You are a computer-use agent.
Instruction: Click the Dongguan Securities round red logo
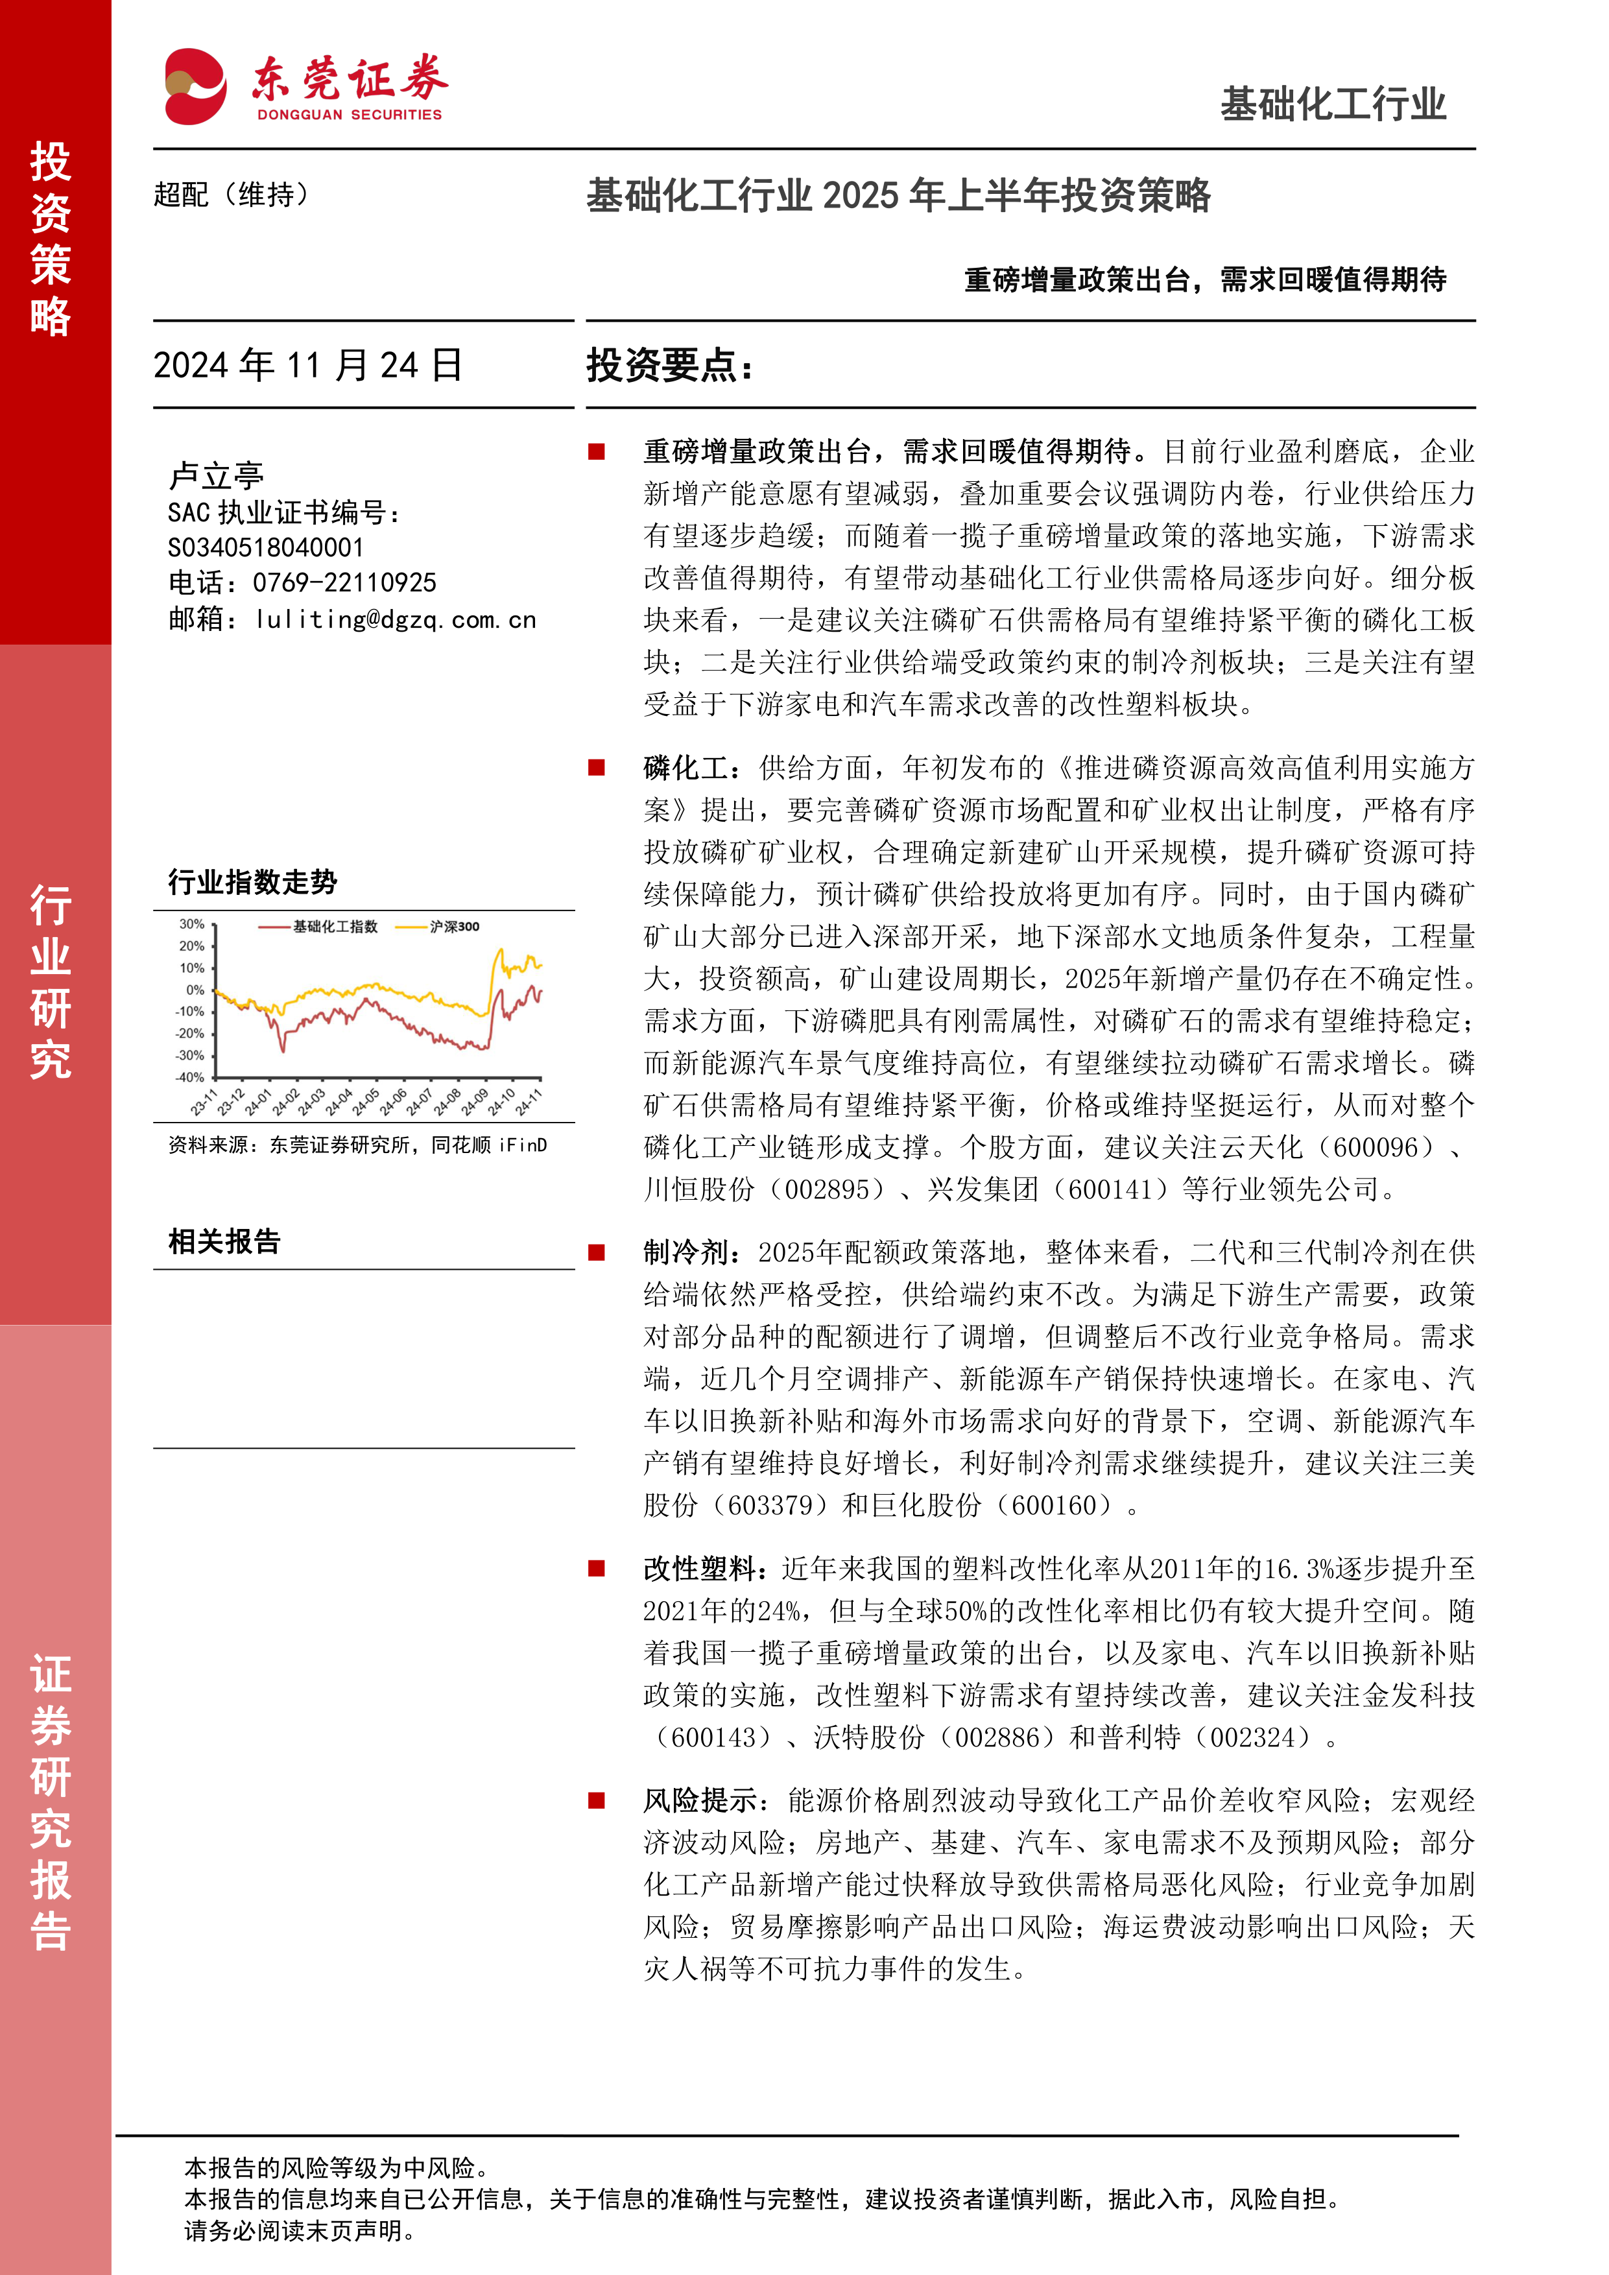195,86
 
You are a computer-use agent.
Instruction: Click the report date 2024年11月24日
307,366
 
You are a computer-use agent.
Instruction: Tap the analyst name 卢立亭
216,475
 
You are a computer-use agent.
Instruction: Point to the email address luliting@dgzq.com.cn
396,620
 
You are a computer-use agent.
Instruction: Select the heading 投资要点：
670,366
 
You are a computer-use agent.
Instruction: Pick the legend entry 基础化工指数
335,927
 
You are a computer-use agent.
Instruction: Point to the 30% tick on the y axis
191,925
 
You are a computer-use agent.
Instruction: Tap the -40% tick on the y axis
189,1077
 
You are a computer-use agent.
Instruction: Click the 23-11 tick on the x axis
204,1102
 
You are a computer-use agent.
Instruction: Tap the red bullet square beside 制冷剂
597,1252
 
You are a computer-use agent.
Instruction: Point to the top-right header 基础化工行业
1333,104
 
